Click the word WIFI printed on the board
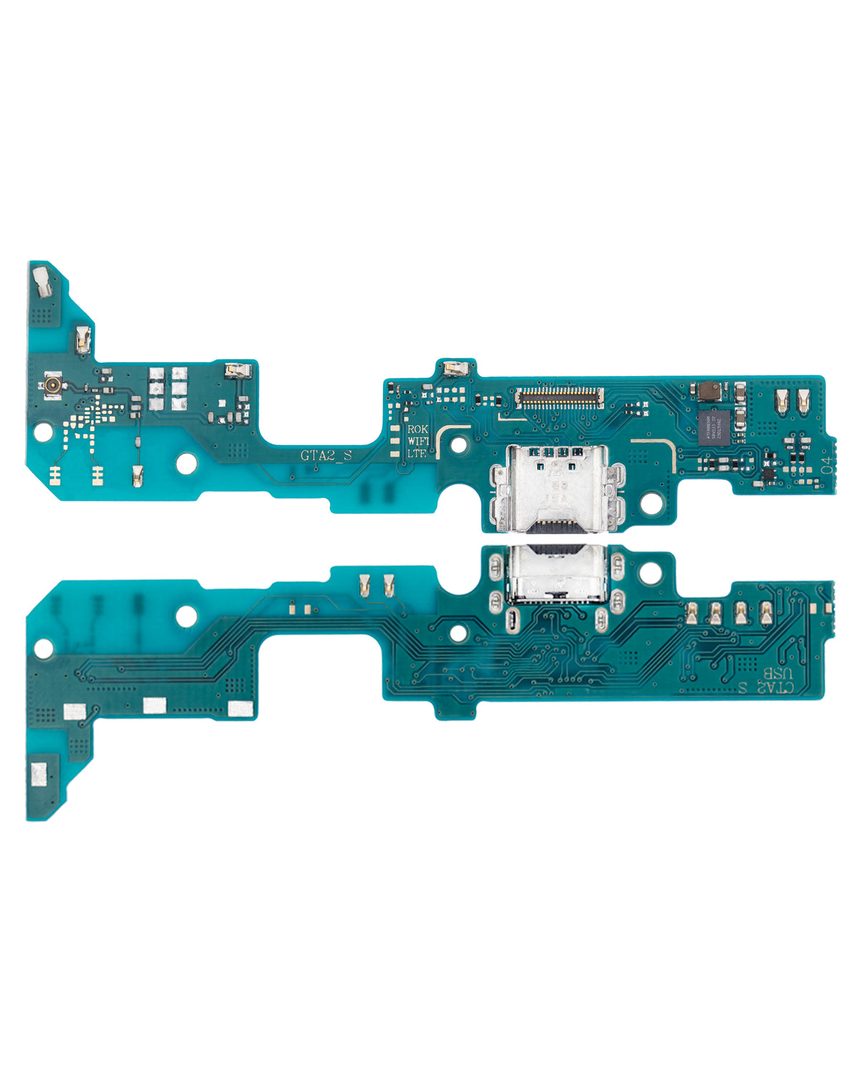(x=417, y=441)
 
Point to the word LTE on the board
(x=417, y=453)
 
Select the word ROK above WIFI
(x=417, y=429)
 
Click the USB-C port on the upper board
(x=554, y=486)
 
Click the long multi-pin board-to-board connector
(x=557, y=396)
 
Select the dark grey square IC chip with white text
(x=715, y=425)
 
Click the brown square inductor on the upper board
(x=708, y=391)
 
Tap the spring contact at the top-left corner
(x=41, y=281)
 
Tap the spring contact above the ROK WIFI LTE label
(x=454, y=369)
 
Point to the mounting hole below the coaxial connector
(x=44, y=432)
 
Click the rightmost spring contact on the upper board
(x=804, y=403)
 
